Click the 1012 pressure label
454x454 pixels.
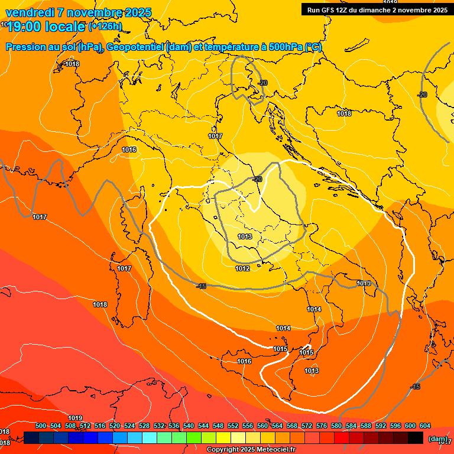242,268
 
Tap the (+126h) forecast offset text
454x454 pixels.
105,26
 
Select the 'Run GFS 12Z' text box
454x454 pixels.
376,10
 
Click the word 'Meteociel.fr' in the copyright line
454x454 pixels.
275,449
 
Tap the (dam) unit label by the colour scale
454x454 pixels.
437,439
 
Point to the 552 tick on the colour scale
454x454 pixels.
233,426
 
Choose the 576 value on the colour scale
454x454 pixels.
322,426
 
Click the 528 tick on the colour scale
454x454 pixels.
144,426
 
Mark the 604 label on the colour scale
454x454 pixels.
425,426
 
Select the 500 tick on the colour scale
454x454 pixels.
41,426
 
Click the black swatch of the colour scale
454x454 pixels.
416,438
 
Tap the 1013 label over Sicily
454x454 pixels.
312,371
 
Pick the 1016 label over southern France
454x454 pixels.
129,150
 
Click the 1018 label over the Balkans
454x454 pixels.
344,113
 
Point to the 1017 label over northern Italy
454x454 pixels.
215,136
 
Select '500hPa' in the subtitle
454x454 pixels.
286,47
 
